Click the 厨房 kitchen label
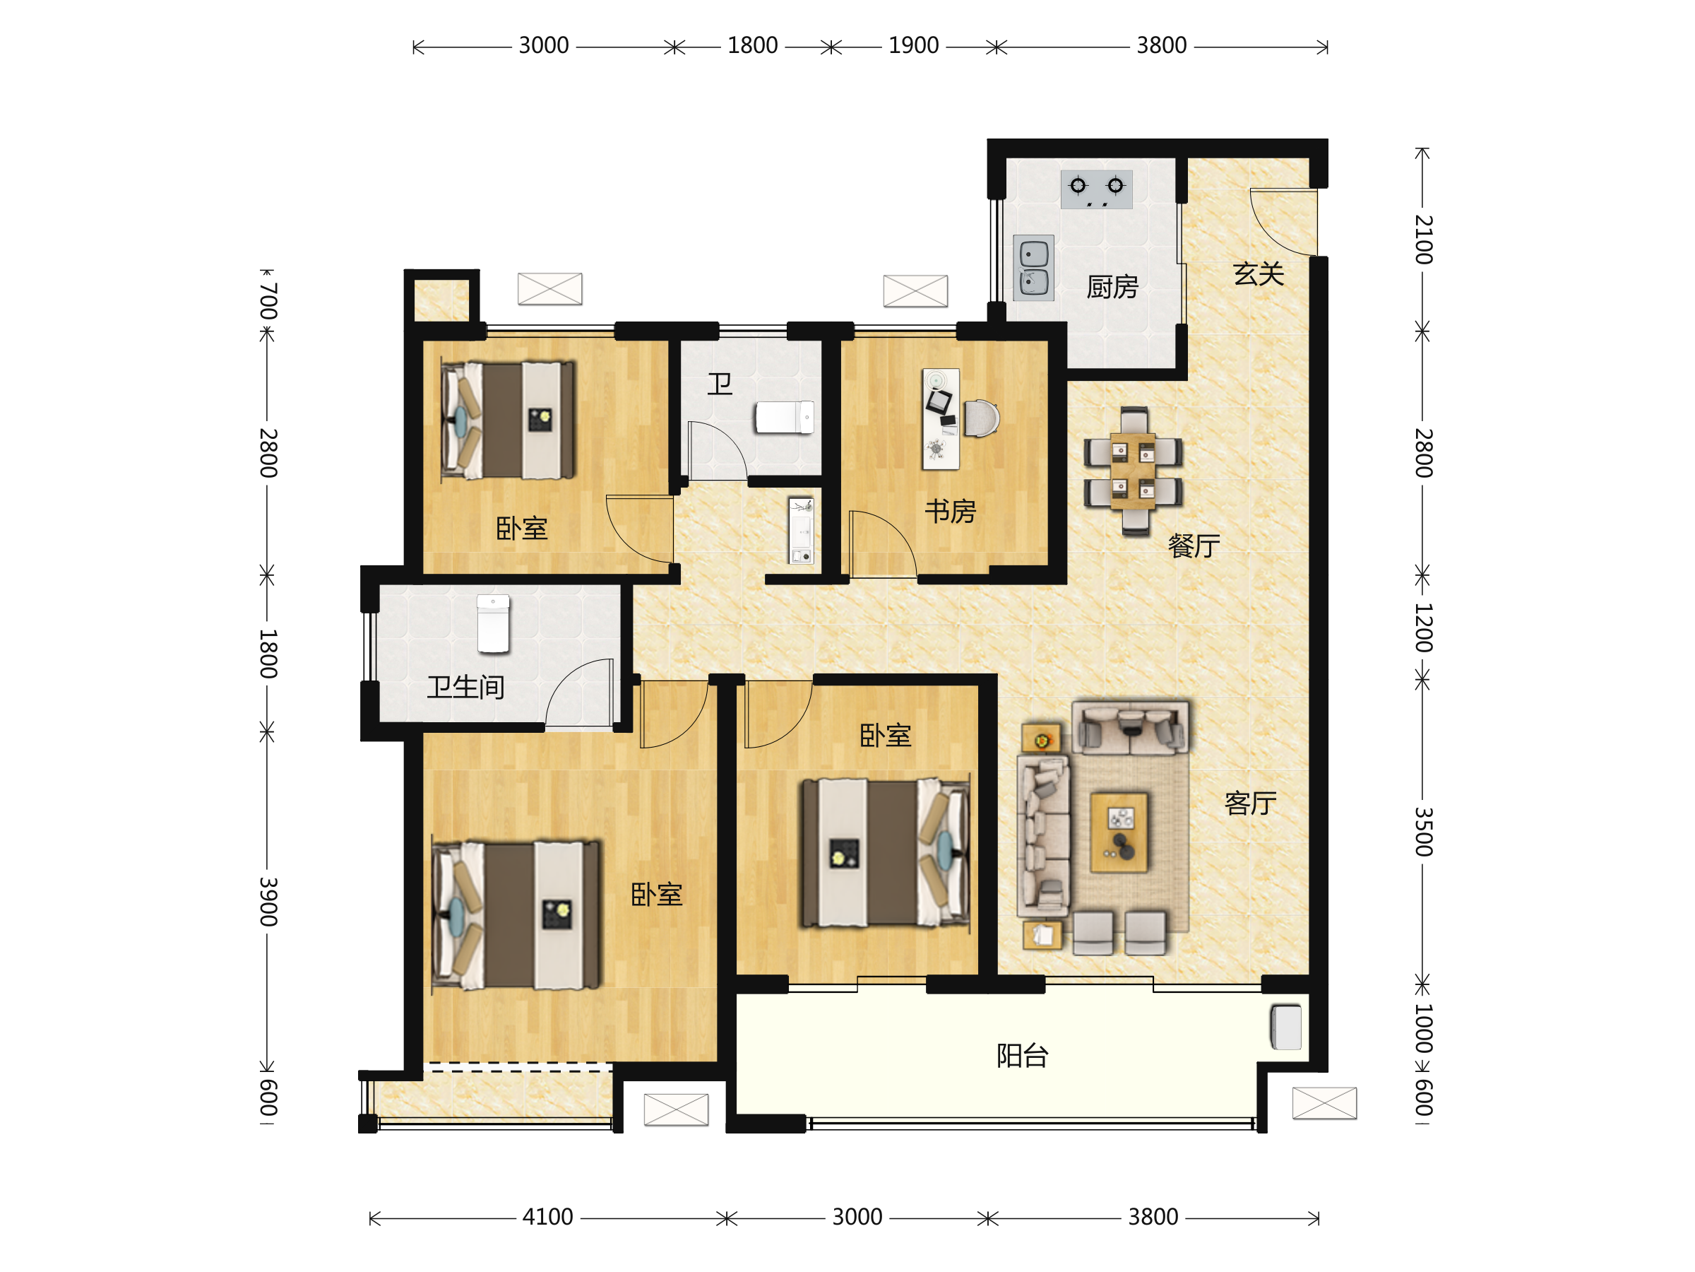pos(1112,288)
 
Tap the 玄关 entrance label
pos(1259,273)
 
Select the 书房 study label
pos(950,512)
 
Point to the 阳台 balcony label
pos(1022,1056)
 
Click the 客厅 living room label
pos(1251,803)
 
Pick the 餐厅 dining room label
pos(1194,546)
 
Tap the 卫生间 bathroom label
pos(465,687)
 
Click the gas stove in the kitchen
pos(1097,189)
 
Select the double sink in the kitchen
pos(1034,268)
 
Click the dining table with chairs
pos(1133,471)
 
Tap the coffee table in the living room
pos(1119,832)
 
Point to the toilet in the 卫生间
pos(493,624)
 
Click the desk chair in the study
pos(982,418)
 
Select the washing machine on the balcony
pos(1286,1027)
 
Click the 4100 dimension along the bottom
pos(547,1217)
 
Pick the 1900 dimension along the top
pos(913,46)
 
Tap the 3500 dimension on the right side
pos(1423,831)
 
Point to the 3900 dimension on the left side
pos(268,902)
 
